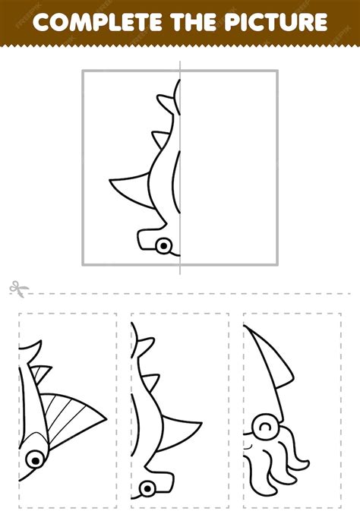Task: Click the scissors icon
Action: click(x=16, y=289)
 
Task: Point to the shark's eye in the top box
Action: click(x=163, y=245)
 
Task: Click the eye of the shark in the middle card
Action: click(x=145, y=485)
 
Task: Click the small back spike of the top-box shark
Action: click(x=162, y=139)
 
